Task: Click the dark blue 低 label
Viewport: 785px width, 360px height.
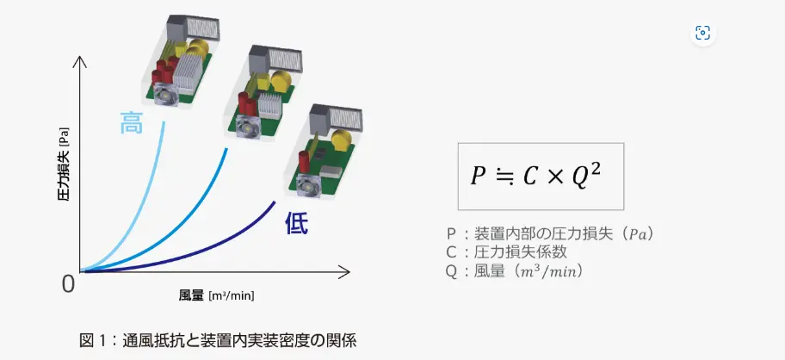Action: [x=296, y=225]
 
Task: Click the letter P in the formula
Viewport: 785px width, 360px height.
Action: [x=478, y=176]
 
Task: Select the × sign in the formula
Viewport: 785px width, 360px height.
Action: [x=555, y=176]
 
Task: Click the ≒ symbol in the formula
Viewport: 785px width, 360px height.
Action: [x=504, y=176]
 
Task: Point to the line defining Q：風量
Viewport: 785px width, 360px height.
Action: [x=515, y=271]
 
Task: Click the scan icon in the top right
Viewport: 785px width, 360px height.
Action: [x=703, y=34]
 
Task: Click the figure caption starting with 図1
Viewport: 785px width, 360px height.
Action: [x=218, y=338]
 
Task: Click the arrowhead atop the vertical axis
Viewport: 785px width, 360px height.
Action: [x=81, y=59]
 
